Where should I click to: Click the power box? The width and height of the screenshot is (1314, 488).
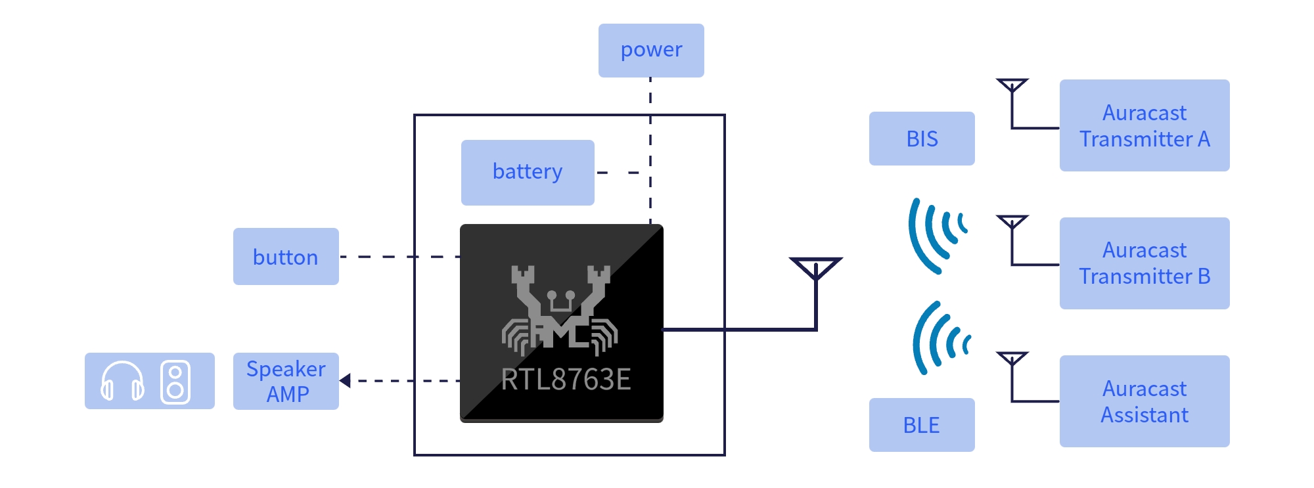(x=651, y=51)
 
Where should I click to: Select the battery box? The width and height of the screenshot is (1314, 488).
(x=528, y=172)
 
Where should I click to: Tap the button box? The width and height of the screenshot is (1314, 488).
(x=286, y=256)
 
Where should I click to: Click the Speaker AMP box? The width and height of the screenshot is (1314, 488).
(x=286, y=381)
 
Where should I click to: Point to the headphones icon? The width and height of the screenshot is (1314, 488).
(x=122, y=381)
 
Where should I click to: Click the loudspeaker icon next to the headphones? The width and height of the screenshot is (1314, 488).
(x=175, y=382)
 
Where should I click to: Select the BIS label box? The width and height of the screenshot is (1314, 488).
(x=922, y=139)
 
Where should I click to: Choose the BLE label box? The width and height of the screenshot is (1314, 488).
(x=922, y=425)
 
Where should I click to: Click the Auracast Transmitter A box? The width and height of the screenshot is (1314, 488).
(x=1144, y=125)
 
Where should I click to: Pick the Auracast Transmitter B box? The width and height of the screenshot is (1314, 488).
(x=1144, y=263)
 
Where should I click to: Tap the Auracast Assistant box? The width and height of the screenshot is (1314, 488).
(x=1144, y=401)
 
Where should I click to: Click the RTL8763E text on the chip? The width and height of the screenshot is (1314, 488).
(x=566, y=380)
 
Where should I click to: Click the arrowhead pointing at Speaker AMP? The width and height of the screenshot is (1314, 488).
(x=345, y=380)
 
